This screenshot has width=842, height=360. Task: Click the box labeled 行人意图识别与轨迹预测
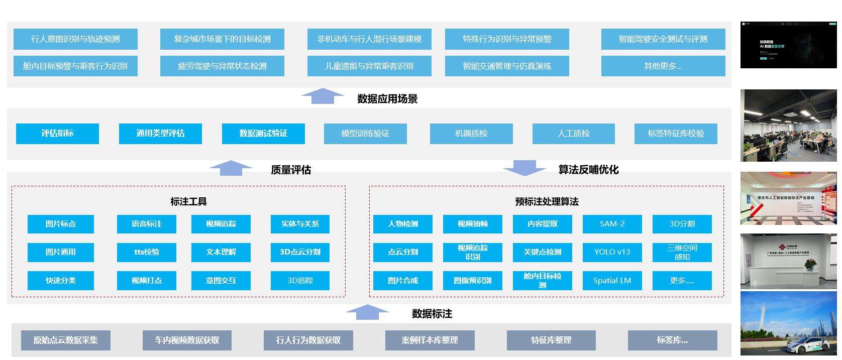click(x=75, y=39)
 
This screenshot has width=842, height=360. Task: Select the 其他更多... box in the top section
click(x=663, y=66)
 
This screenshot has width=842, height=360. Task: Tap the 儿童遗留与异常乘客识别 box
click(x=369, y=66)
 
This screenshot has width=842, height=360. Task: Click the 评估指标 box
click(x=57, y=134)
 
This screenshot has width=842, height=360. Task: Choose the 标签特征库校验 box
click(x=676, y=134)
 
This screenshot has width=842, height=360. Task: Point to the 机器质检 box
click(x=471, y=134)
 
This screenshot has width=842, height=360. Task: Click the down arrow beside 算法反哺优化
click(x=524, y=168)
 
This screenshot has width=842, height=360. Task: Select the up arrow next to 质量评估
click(x=231, y=168)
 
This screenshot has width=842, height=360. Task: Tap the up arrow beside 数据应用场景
click(x=323, y=96)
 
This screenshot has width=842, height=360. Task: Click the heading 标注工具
click(x=188, y=202)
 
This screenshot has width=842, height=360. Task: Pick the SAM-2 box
click(x=612, y=224)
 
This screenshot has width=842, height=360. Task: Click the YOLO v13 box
click(x=612, y=252)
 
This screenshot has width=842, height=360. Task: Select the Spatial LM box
click(x=612, y=281)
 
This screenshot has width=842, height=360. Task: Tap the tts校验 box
click(x=147, y=252)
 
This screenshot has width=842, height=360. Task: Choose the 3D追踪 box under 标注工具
click(x=300, y=281)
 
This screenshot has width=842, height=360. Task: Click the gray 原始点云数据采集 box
click(x=66, y=340)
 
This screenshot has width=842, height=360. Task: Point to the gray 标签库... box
click(x=672, y=340)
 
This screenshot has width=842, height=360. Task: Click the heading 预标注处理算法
click(x=547, y=202)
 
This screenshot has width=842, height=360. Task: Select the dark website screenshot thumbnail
click(x=788, y=45)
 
